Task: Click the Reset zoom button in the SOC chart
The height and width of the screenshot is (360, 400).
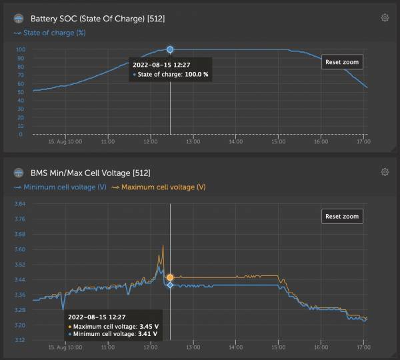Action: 342,62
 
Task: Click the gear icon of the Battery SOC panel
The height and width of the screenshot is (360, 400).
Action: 385,18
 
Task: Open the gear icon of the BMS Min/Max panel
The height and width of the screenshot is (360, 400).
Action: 385,172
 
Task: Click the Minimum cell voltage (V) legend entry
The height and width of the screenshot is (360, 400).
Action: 60,187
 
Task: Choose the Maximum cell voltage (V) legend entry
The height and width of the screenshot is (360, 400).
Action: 158,187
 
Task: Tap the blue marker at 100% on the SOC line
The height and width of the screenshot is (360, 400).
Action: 170,49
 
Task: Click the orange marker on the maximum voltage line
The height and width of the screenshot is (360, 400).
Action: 170,277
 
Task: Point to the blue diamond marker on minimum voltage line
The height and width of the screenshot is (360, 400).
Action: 170,285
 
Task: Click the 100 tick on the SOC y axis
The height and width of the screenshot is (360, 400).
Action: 21,49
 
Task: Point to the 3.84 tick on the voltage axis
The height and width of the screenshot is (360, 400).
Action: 19,203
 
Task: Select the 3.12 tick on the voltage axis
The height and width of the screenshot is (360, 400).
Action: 19,340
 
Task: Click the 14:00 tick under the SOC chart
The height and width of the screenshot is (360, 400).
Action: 235,141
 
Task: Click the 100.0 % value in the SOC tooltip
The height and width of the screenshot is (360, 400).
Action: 197,75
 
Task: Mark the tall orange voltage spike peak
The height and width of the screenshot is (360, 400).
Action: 163,246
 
